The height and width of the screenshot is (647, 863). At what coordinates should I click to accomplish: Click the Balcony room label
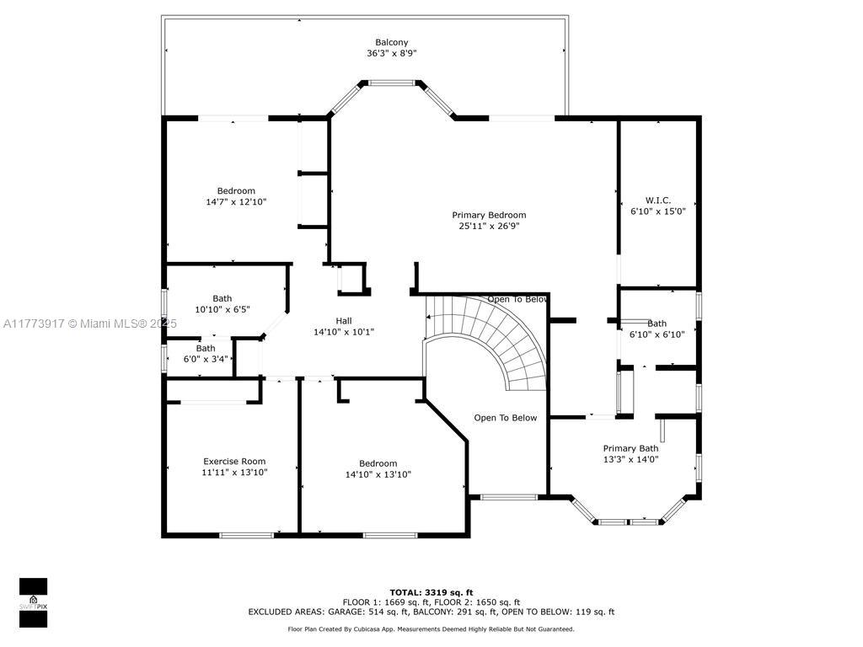pyautogui.click(x=391, y=42)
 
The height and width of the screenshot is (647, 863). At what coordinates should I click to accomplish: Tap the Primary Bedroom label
pyautogui.click(x=489, y=215)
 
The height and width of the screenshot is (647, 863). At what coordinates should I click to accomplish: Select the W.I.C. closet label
pyautogui.click(x=657, y=201)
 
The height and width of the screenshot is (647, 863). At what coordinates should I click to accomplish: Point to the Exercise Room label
pyautogui.click(x=234, y=462)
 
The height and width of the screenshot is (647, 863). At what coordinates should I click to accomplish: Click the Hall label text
pyautogui.click(x=344, y=321)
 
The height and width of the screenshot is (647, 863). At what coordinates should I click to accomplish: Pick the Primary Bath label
pyautogui.click(x=630, y=448)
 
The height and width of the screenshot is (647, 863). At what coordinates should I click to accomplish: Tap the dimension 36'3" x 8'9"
pyautogui.click(x=391, y=53)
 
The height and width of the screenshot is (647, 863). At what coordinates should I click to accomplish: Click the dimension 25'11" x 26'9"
pyautogui.click(x=489, y=226)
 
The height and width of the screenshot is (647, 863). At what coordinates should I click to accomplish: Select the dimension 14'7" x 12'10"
pyautogui.click(x=236, y=202)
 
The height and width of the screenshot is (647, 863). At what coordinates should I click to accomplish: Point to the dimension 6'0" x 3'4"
pyautogui.click(x=206, y=359)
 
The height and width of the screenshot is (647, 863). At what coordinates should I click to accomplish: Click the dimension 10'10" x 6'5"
pyautogui.click(x=222, y=310)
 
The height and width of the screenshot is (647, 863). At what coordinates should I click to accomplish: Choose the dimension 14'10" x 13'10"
pyautogui.click(x=378, y=474)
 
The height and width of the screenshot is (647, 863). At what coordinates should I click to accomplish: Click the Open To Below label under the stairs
pyautogui.click(x=506, y=418)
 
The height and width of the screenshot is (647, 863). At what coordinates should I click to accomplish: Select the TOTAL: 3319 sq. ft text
pyautogui.click(x=431, y=592)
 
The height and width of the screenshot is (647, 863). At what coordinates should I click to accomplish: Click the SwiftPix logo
pyautogui.click(x=33, y=602)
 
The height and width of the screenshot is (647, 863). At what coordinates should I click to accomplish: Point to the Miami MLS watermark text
pyautogui.click(x=89, y=323)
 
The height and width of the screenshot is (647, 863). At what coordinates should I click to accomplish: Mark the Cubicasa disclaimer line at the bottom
pyautogui.click(x=431, y=628)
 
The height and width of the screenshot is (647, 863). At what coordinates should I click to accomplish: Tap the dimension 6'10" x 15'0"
pyautogui.click(x=657, y=211)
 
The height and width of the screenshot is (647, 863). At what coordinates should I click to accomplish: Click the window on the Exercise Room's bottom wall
pyautogui.click(x=247, y=535)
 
